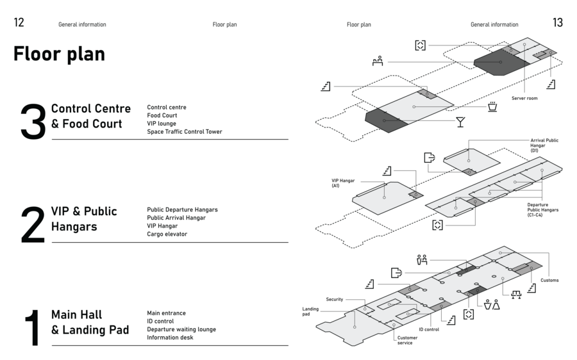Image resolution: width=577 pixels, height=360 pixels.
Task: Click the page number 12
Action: [x=19, y=22]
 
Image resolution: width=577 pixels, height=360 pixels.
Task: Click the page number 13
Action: [x=558, y=22]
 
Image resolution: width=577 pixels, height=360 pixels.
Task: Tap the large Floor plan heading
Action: [x=59, y=54]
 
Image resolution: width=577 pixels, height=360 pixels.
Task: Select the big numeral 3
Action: [x=33, y=121]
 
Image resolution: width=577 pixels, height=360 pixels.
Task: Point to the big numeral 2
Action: [x=33, y=224]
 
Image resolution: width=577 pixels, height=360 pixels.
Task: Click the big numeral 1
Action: [x=33, y=327]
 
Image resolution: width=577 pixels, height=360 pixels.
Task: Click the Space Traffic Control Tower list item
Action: [x=185, y=132]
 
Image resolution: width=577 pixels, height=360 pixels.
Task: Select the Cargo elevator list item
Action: [x=167, y=234]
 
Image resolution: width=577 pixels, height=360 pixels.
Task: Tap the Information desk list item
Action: [x=170, y=337]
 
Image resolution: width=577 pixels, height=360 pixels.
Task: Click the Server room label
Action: [x=524, y=98]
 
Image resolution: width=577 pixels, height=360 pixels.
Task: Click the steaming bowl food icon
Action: [x=492, y=106]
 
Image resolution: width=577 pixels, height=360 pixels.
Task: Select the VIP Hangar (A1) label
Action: [x=343, y=183]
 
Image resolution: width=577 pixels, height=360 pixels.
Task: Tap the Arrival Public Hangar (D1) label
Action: [x=544, y=145]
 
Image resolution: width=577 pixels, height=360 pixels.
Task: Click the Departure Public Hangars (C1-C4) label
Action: [x=543, y=209]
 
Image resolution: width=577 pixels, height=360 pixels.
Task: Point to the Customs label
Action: [x=549, y=280]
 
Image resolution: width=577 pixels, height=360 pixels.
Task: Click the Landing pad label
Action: [x=310, y=311]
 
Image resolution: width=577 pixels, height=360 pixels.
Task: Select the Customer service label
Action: [x=407, y=340]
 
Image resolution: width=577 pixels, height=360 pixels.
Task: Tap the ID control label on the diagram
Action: [x=429, y=329]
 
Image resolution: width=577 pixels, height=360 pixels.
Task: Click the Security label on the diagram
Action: [x=335, y=299]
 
